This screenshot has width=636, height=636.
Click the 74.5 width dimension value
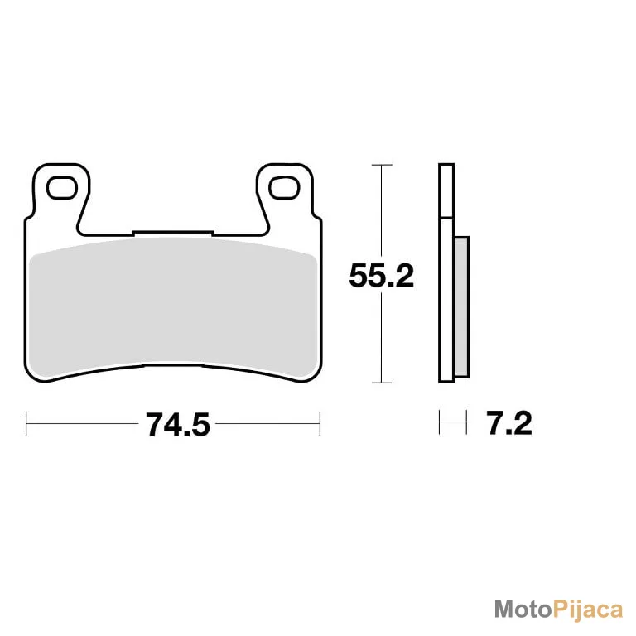tap(178, 425)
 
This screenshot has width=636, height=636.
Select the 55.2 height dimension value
tap(381, 276)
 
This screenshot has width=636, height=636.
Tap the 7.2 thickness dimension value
tap(509, 423)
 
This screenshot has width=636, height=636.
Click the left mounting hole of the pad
tap(62, 188)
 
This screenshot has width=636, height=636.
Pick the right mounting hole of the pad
tap(284, 188)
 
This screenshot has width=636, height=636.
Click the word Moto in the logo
tap(523, 609)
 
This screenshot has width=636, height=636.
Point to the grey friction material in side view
tap(462, 307)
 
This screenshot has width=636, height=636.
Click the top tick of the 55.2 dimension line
tap(382, 165)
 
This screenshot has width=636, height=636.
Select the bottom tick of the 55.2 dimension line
tap(382, 383)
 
